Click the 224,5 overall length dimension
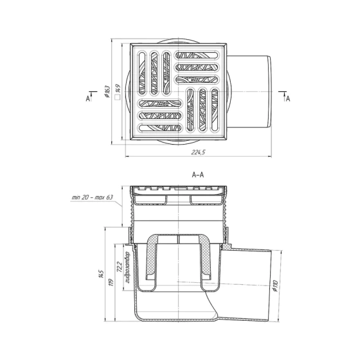[x=198, y=152]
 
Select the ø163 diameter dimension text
[x=107, y=92]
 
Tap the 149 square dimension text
[x=118, y=89]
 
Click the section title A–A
[x=198, y=175]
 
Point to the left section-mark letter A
[x=88, y=98]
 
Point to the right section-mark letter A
[x=288, y=98]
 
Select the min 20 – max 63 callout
[x=93, y=197]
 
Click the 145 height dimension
[x=101, y=274]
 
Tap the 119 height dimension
[x=111, y=282]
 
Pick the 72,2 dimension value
[x=119, y=267]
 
